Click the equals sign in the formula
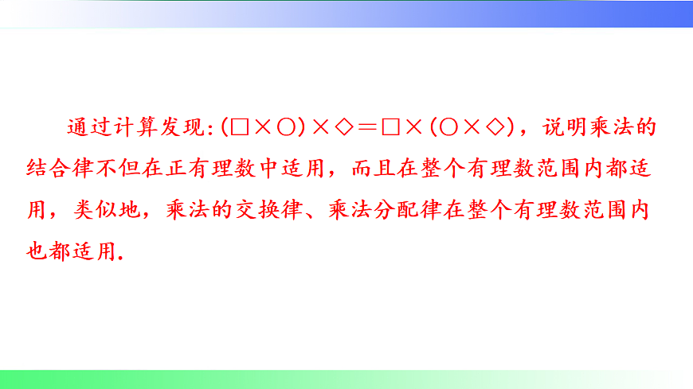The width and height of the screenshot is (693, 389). (366, 127)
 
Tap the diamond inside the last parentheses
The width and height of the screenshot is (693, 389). (495, 127)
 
